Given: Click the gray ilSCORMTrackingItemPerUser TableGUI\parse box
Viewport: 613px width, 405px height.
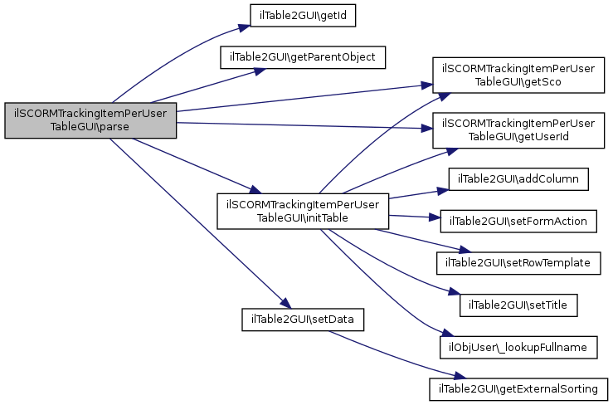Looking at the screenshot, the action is (x=90, y=120).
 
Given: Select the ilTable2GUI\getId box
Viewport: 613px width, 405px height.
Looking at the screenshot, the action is (x=303, y=16).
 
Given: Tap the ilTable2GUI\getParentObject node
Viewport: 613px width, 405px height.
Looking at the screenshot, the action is (x=303, y=57).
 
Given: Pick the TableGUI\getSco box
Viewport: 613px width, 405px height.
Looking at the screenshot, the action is (x=518, y=76).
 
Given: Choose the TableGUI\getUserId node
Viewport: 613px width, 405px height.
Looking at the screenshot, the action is (x=518, y=130).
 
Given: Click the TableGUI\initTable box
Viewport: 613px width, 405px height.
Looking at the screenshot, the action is (x=303, y=212).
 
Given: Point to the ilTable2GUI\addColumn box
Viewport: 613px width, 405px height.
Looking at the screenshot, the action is (x=518, y=179).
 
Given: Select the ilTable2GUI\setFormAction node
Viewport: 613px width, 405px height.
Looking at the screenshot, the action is (x=518, y=222).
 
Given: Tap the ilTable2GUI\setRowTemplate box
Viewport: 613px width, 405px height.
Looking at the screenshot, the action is (x=518, y=263).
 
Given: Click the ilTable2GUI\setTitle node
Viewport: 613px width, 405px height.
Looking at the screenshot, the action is (x=518, y=305).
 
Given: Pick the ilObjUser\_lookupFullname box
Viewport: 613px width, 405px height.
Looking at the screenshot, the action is (x=518, y=347).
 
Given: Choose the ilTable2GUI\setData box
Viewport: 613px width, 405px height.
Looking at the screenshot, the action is (x=303, y=320).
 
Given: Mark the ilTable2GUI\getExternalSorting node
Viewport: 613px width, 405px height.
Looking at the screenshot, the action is (x=518, y=389).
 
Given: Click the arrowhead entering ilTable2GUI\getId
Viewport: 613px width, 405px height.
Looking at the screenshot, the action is (x=245, y=27).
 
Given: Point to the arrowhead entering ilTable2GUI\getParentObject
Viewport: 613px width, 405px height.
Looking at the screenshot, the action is (x=260, y=71).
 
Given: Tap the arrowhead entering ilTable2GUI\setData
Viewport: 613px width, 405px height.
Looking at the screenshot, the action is (x=286, y=303).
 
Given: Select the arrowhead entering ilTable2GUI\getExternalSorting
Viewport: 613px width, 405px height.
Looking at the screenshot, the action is (x=460, y=376).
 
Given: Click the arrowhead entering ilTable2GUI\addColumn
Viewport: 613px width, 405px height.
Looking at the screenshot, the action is (x=443, y=191).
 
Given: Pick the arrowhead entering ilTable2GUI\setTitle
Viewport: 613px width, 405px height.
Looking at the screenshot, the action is (x=454, y=291).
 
